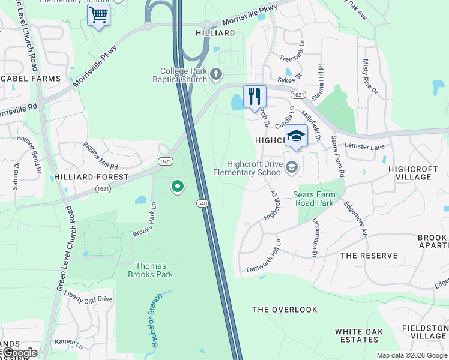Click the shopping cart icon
tap(98, 14)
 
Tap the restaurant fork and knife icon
tap(255, 97)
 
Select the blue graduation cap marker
tap(296, 136)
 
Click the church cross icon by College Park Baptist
tap(216, 74)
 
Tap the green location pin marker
tap(177, 187)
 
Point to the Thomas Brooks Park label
tap(150, 270)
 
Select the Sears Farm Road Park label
tap(319, 199)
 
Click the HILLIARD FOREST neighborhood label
tap(91, 177)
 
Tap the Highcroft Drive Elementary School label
tap(255, 168)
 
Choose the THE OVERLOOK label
tap(285, 310)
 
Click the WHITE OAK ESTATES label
tap(357, 335)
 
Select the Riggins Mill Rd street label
tap(101, 157)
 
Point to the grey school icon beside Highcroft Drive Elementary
tap(292, 167)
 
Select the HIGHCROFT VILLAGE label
tap(418, 173)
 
